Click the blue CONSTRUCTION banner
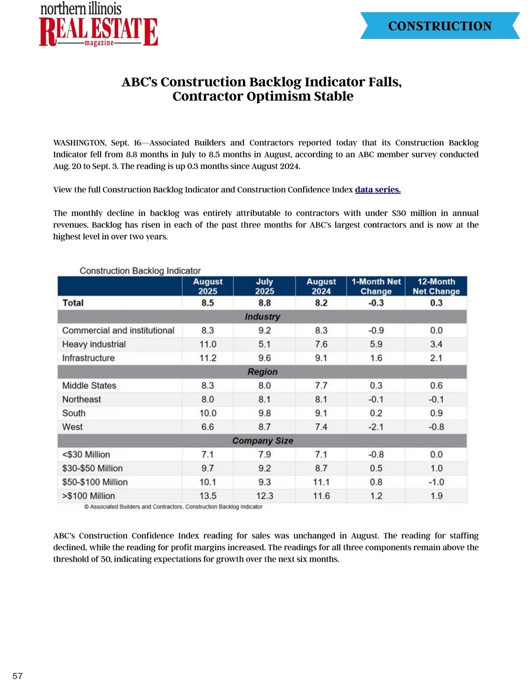(x=440, y=26)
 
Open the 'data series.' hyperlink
(x=378, y=190)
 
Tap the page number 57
(x=17, y=676)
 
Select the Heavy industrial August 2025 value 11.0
(x=207, y=344)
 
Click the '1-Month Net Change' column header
(x=376, y=287)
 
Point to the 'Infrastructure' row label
(x=88, y=358)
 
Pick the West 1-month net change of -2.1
(x=376, y=427)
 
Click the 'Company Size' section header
(x=262, y=441)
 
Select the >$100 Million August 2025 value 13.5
(x=207, y=496)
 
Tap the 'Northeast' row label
(x=82, y=399)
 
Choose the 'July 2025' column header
(x=264, y=287)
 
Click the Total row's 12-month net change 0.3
(x=436, y=303)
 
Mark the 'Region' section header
(x=262, y=372)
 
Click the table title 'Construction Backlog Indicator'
(x=140, y=271)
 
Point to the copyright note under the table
(x=173, y=507)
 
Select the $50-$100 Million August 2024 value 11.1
(x=321, y=482)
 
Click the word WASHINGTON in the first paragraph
(x=79, y=143)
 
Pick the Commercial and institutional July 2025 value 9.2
(x=264, y=331)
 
